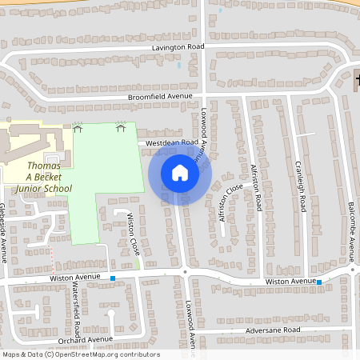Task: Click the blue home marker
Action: (x=180, y=173)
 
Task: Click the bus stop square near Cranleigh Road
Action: (x=319, y=282)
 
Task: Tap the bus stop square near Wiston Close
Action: (x=113, y=278)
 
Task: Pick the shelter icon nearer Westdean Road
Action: (x=121, y=126)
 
